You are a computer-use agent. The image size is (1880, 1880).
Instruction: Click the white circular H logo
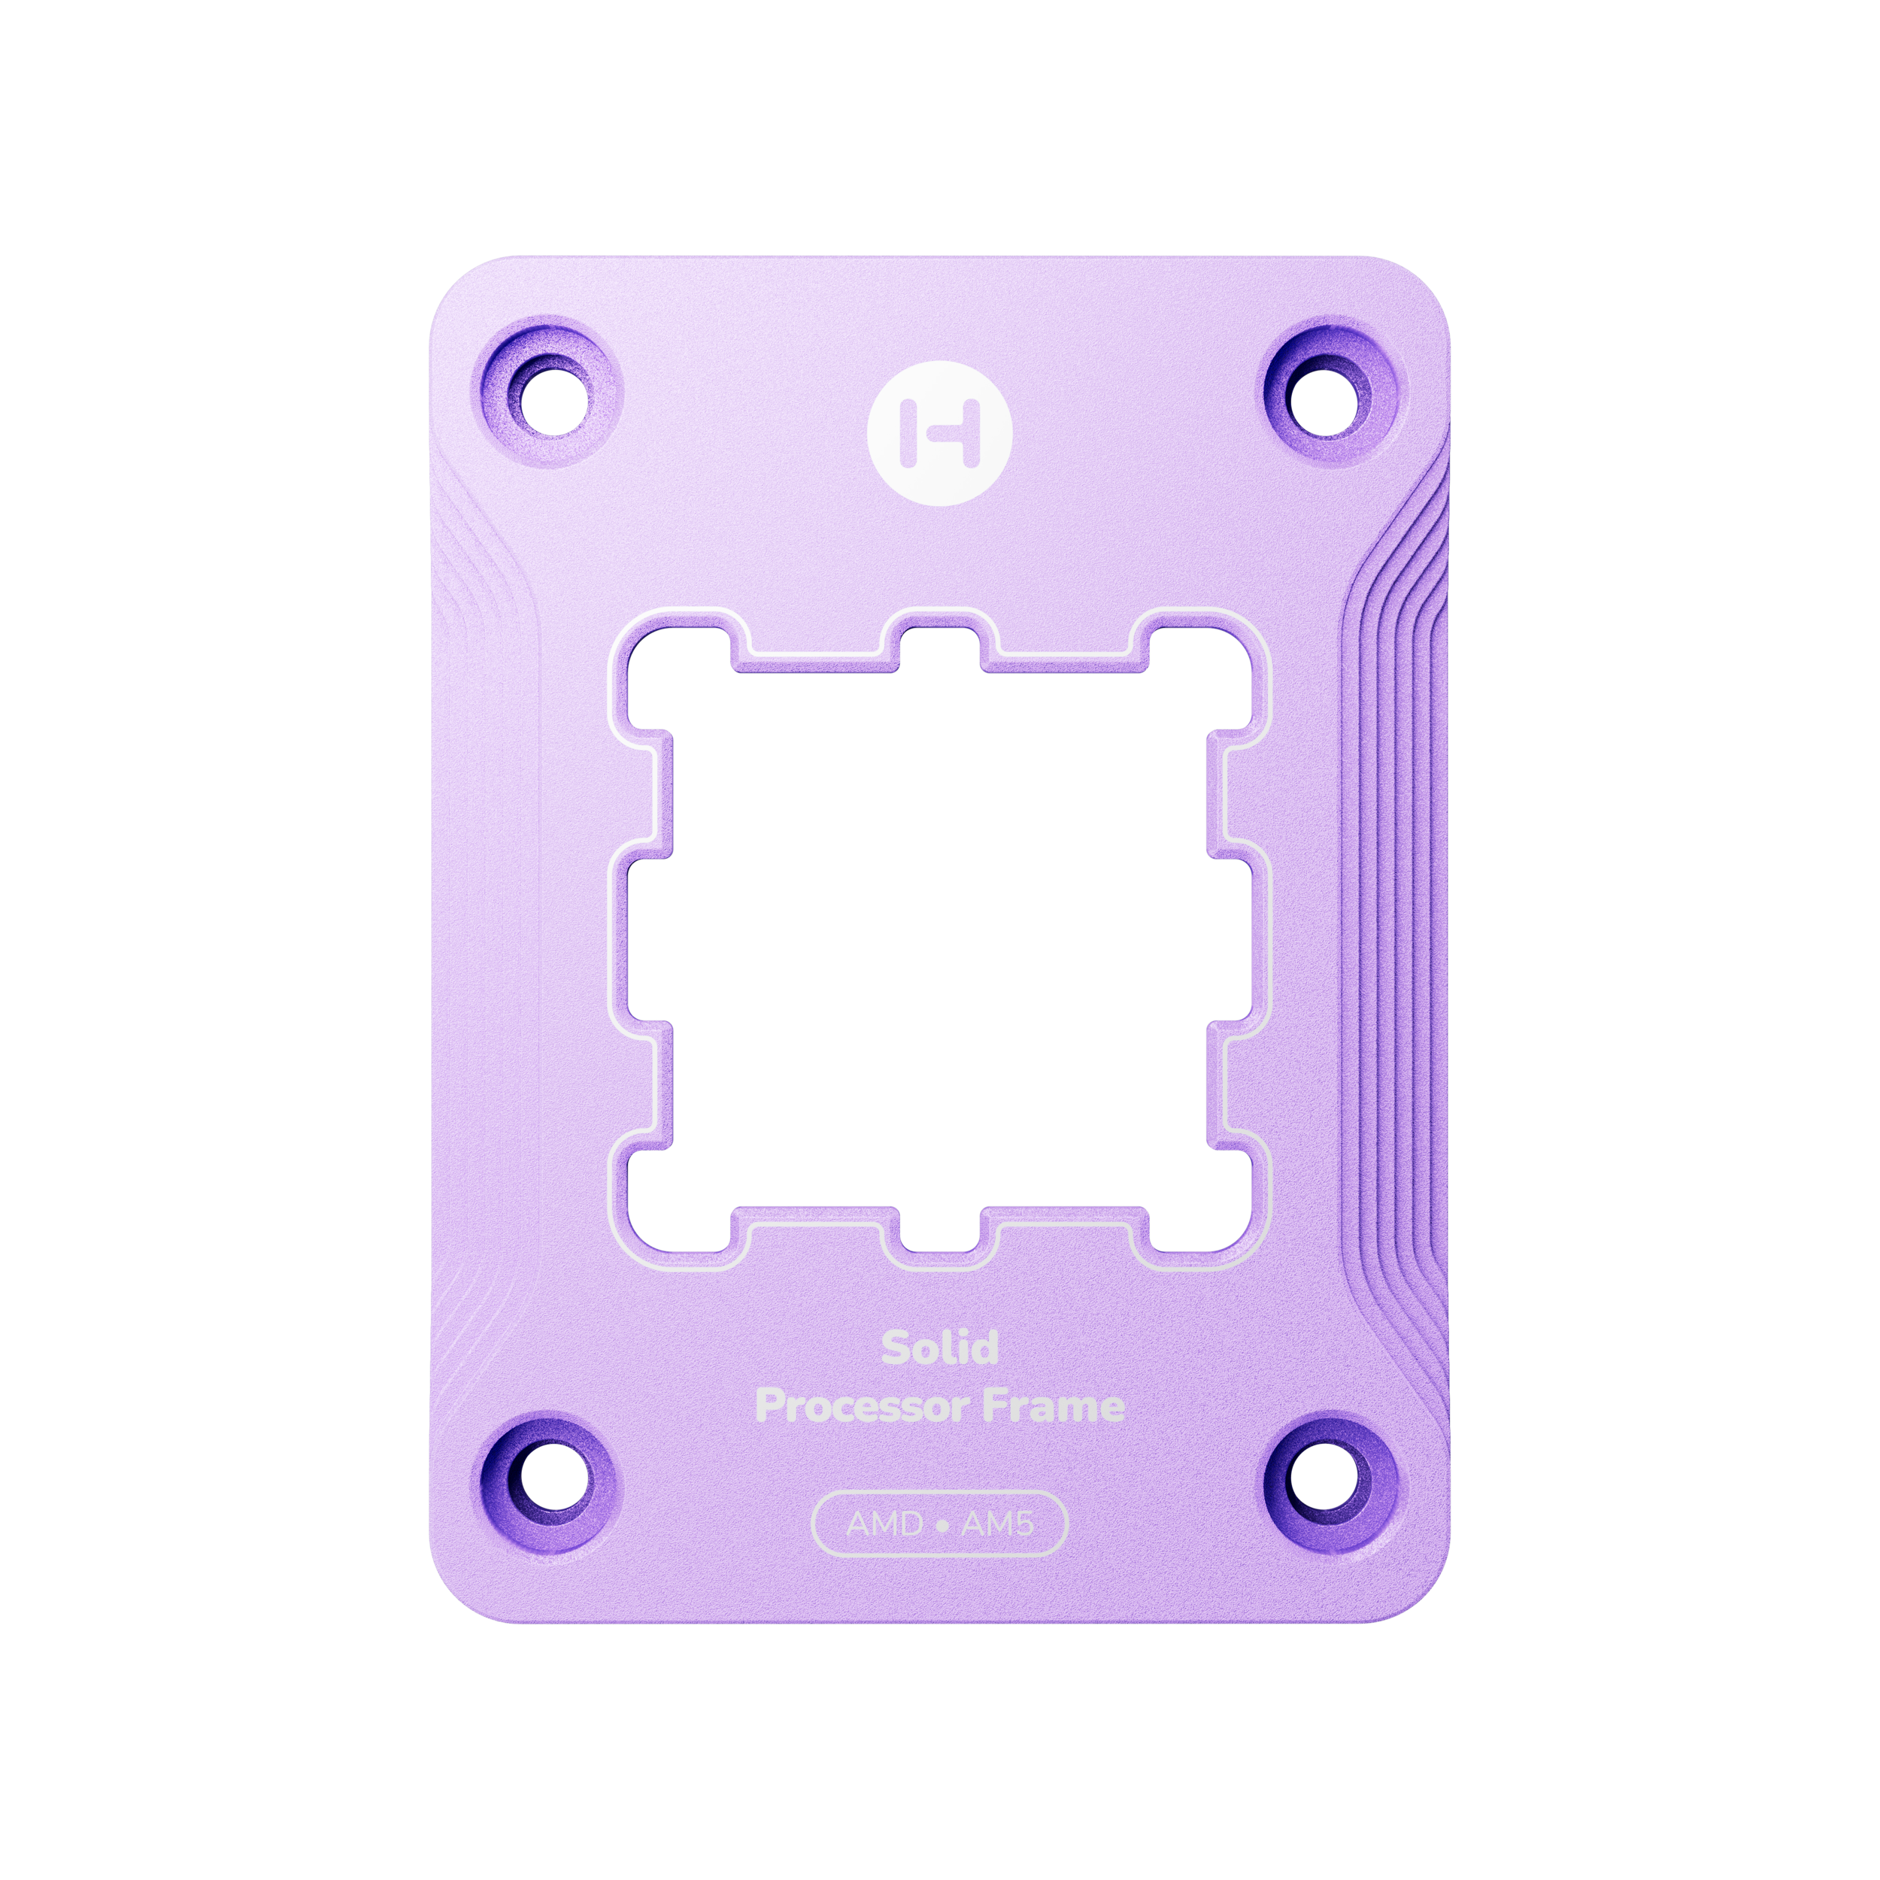[x=939, y=433]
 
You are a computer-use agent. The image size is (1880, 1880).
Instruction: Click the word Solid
[x=940, y=1348]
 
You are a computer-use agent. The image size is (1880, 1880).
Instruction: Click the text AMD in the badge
[x=884, y=1524]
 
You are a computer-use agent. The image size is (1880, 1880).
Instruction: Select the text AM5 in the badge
[x=997, y=1524]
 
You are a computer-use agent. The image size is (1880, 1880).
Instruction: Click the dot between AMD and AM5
[x=941, y=1525]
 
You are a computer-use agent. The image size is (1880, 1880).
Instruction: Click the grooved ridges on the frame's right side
[x=1391, y=934]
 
